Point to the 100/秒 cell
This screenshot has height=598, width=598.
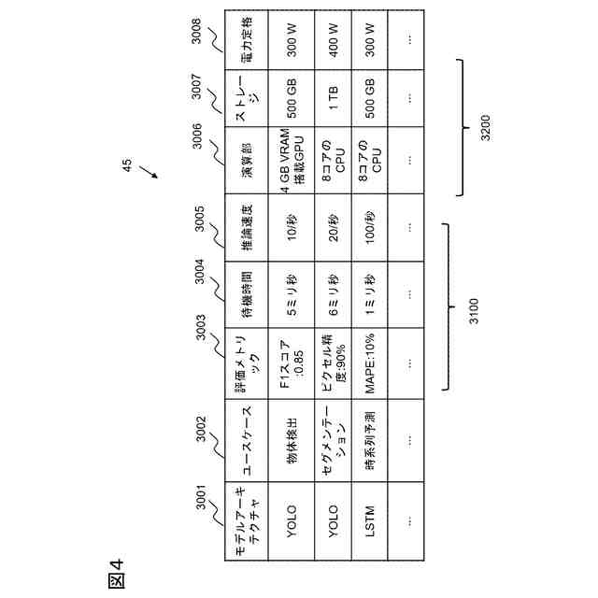[370, 226]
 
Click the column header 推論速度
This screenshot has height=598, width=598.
[247, 226]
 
